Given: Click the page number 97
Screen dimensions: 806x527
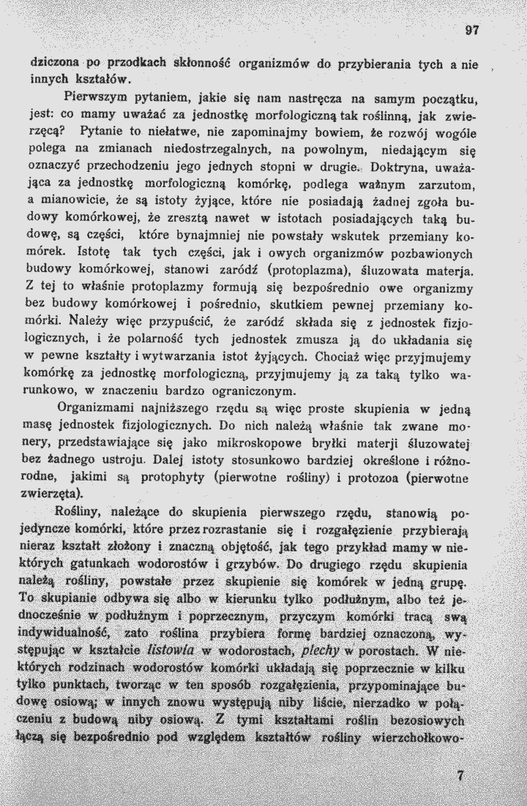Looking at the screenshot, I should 471,31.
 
